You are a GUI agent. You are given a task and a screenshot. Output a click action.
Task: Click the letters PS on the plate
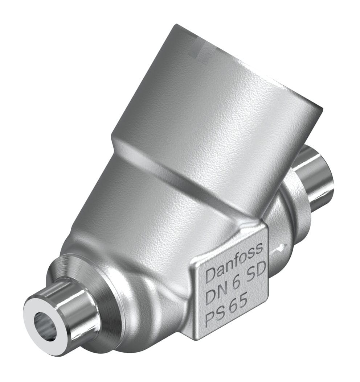click(215, 316)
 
